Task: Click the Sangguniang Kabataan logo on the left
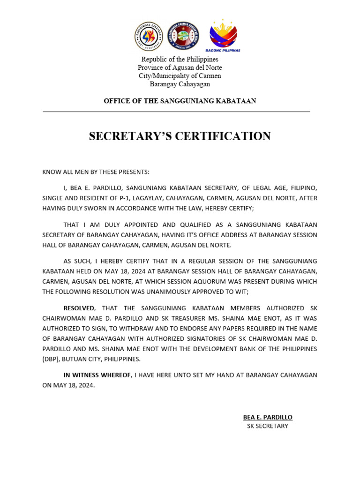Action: [149, 36]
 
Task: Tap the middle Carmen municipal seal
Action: [183, 36]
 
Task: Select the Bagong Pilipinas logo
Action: [223, 35]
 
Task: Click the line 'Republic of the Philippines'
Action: [180, 60]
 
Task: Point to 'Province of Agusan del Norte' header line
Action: [180, 67]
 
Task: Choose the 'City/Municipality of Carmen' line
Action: [180, 76]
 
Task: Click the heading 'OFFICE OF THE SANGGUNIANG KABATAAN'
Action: [180, 101]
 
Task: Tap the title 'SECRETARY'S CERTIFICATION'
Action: [180, 136]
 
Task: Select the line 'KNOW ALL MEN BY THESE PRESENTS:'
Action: [96, 172]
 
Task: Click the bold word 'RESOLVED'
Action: [79, 308]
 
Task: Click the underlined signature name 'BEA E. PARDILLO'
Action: [267, 417]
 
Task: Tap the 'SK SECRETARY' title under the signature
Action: [267, 426]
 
